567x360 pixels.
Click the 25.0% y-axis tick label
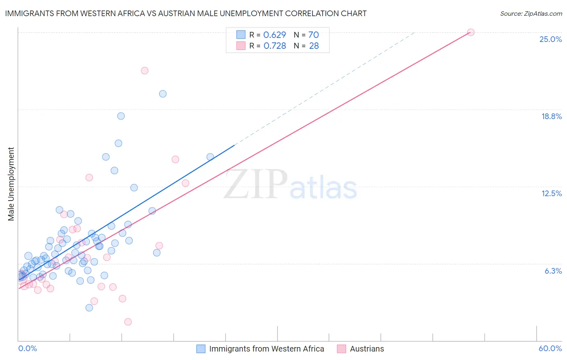point(550,39)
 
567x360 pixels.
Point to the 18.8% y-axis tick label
point(551,116)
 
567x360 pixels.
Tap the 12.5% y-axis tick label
point(551,193)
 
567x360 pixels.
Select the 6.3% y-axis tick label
point(553,271)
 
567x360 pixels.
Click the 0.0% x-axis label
point(27,348)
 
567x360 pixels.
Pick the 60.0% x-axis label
point(550,348)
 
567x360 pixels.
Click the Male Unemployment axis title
point(11,184)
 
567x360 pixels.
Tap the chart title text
point(186,13)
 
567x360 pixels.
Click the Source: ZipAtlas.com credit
point(531,13)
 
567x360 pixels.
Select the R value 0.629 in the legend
point(275,35)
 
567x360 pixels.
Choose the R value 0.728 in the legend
point(275,46)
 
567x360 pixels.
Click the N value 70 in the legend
point(314,35)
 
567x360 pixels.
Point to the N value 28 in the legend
point(314,46)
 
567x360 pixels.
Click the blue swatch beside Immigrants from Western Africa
point(201,349)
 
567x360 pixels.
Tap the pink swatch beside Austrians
point(342,349)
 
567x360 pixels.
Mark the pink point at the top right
point(471,32)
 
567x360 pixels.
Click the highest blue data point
point(163,94)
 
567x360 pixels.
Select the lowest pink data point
point(128,322)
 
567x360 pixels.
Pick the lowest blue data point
point(89,308)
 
